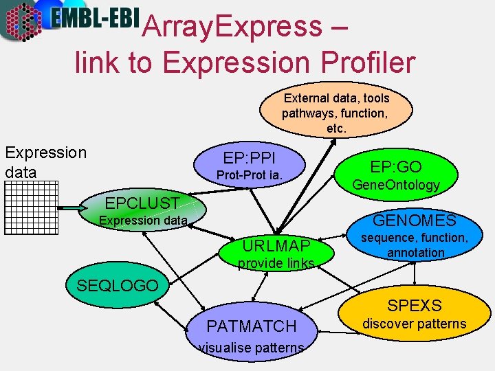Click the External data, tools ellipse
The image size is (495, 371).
click(x=336, y=109)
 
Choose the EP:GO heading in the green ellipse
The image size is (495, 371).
click(x=395, y=166)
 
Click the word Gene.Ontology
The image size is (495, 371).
click(x=395, y=185)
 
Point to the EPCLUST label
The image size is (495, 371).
click(x=142, y=203)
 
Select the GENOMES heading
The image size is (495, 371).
click(x=414, y=220)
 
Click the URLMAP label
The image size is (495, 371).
click(x=276, y=246)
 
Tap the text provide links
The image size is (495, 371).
click(x=276, y=264)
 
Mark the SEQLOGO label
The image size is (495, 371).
click(x=117, y=285)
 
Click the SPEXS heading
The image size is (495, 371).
click(x=414, y=305)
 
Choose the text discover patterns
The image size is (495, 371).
click(x=414, y=324)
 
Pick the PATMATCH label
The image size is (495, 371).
click(x=252, y=326)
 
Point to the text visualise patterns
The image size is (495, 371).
click(x=252, y=348)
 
